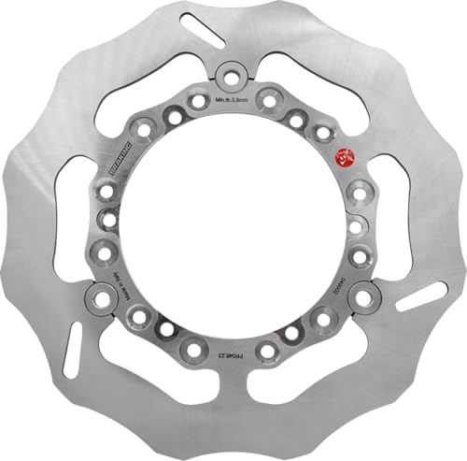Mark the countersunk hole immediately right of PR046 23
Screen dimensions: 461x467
267,350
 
